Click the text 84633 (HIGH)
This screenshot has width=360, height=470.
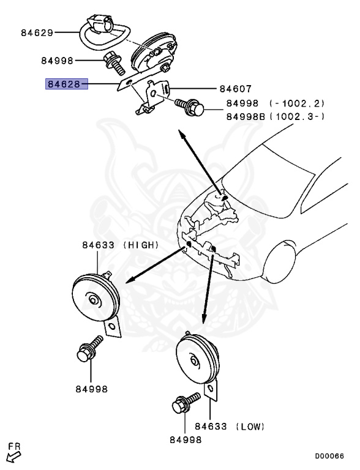(121, 245)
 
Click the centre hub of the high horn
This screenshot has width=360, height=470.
(93, 299)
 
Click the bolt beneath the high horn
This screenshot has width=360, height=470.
(89, 349)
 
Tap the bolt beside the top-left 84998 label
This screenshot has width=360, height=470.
(113, 62)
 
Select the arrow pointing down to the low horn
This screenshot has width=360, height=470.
(208, 294)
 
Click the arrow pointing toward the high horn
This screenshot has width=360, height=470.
(153, 264)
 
